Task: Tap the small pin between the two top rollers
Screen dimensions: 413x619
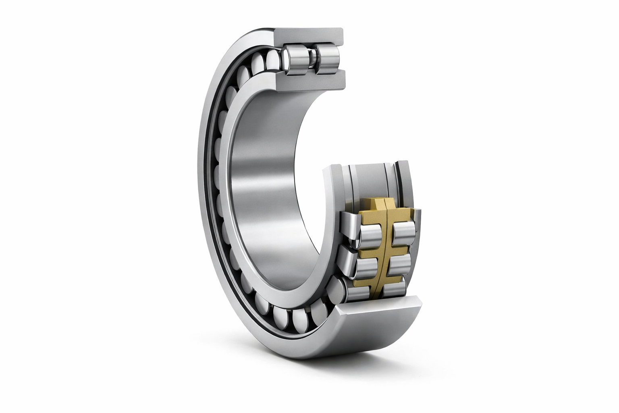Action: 312,60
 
